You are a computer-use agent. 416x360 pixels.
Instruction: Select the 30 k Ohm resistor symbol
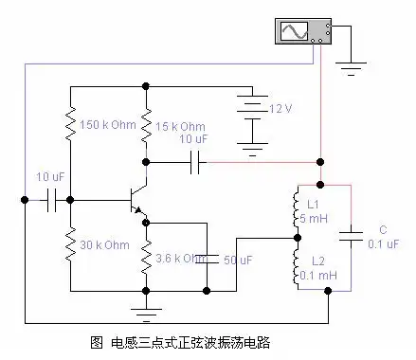(x=70, y=246)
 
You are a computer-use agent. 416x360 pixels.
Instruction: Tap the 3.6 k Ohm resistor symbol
(x=146, y=256)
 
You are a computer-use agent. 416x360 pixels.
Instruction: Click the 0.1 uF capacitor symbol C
(x=353, y=236)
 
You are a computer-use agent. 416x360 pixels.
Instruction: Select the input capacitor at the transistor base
(x=52, y=200)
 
